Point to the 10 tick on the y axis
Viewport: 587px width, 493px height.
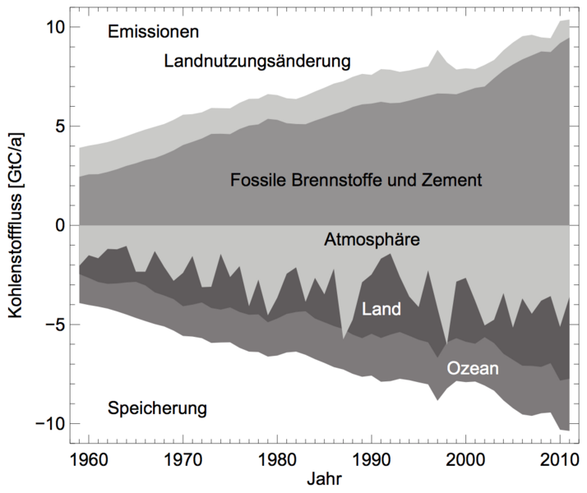[x=53, y=26]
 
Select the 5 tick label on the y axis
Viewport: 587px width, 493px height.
[x=58, y=126]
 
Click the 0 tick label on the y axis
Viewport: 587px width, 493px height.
[x=58, y=225]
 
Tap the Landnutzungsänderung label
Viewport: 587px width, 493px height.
[x=257, y=61]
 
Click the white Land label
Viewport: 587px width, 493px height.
[x=381, y=309]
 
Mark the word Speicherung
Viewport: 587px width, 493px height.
[x=157, y=408]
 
